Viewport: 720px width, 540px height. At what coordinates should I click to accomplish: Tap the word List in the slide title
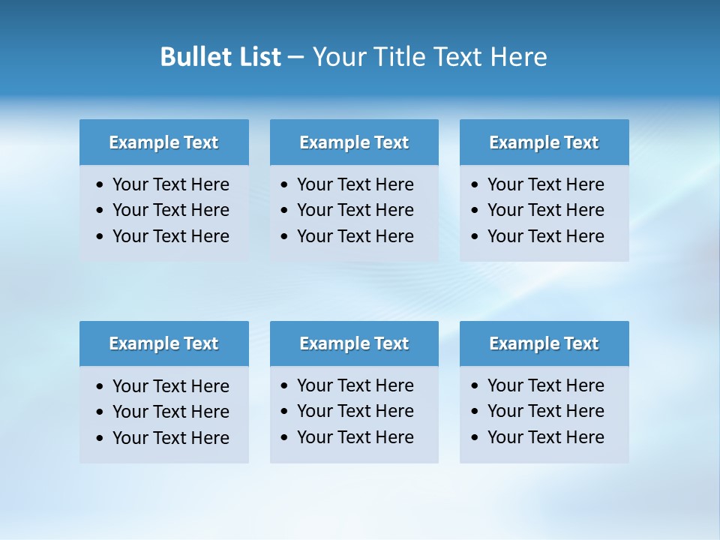[256, 57]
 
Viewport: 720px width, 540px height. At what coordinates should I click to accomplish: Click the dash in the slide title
[295, 58]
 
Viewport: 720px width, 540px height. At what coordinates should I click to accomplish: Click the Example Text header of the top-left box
[163, 142]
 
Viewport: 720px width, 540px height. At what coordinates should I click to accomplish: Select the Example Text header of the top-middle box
[354, 142]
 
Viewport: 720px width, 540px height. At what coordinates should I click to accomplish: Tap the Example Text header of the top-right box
[544, 142]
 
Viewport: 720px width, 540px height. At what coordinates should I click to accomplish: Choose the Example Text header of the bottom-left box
[163, 343]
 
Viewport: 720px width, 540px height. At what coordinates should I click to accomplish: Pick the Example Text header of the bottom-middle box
[354, 343]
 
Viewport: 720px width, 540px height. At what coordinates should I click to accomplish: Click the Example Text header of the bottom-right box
[544, 343]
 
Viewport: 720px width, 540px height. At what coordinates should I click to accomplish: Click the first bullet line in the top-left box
[170, 184]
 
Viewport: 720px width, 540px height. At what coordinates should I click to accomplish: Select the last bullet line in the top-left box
[170, 236]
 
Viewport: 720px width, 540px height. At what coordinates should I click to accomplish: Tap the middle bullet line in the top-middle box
[355, 210]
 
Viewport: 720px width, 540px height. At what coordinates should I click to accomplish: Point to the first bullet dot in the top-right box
[475, 185]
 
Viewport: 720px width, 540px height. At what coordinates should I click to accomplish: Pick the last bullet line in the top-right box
[545, 236]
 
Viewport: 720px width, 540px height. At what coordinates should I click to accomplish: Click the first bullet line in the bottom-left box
[170, 386]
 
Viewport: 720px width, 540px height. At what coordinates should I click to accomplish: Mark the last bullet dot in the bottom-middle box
[284, 438]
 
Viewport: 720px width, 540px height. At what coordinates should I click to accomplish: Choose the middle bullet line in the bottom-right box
[545, 411]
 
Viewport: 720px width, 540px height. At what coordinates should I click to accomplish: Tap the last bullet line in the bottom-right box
[545, 437]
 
